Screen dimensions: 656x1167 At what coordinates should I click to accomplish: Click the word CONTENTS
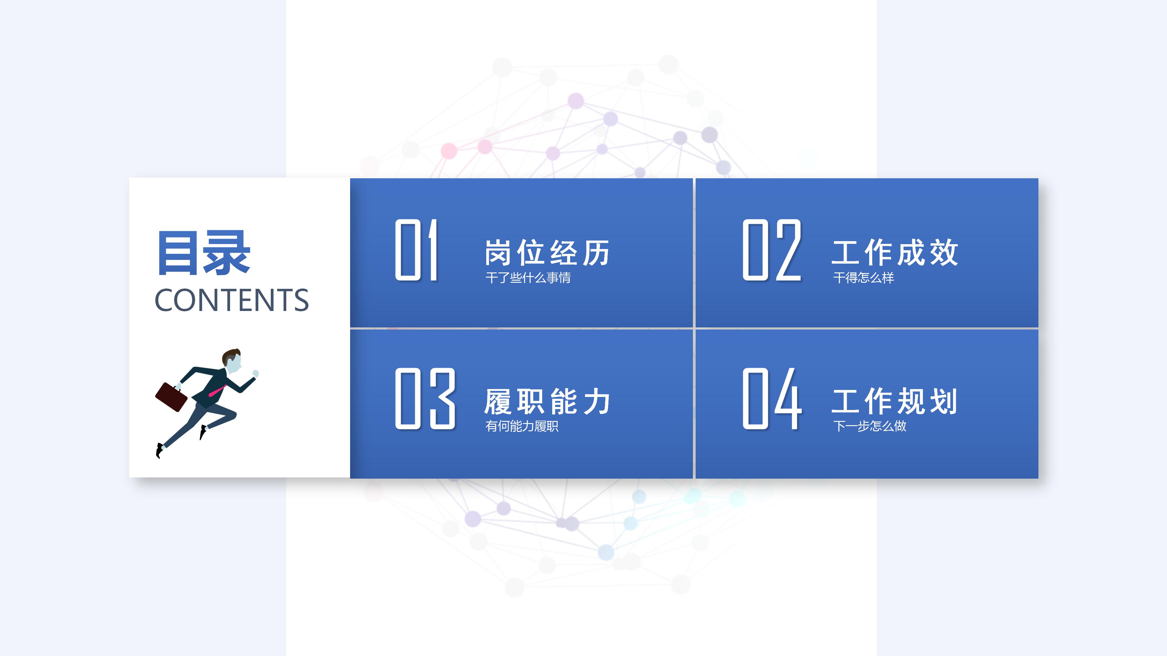(232, 300)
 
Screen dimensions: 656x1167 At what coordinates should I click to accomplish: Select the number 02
(772, 250)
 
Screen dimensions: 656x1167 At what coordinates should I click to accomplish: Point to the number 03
(425, 398)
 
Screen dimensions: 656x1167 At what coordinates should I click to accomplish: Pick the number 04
(772, 398)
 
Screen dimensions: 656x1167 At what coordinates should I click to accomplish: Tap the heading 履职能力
(547, 401)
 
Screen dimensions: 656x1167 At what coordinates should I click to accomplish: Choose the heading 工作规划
(895, 401)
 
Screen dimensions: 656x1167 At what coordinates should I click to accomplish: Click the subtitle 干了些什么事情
(528, 278)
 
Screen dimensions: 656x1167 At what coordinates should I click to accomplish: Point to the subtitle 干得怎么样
(863, 278)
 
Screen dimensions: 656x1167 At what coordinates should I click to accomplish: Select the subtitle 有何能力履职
(522, 426)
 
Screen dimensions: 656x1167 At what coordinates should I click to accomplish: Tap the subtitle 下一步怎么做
(869, 426)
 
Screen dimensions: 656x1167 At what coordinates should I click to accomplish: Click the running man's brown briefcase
(171, 397)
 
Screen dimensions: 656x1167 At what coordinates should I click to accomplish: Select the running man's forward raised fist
(256, 374)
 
